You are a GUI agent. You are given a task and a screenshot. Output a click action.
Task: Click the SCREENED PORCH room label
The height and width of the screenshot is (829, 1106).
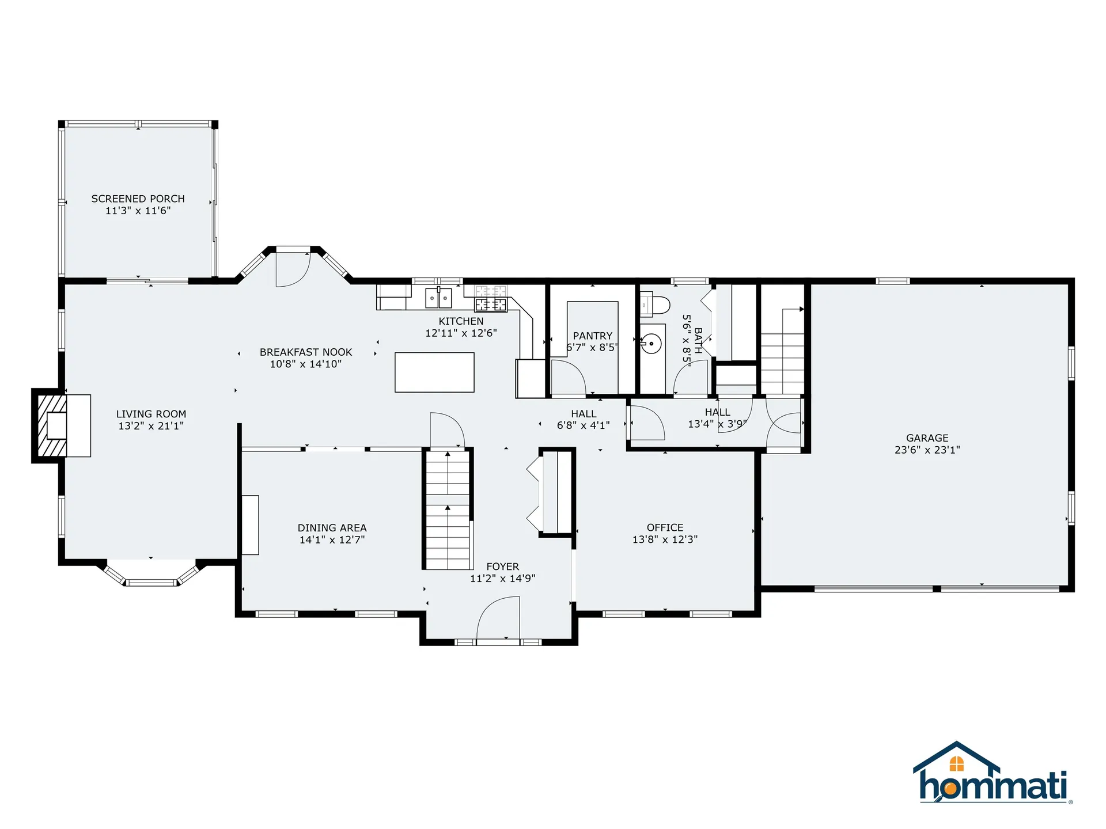pos(138,199)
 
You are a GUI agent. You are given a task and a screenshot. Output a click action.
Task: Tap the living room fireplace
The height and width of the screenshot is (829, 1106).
pos(61,425)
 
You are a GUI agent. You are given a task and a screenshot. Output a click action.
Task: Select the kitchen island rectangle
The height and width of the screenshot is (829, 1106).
pos(434,372)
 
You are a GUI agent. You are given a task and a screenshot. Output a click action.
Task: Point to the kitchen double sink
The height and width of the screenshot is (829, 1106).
pos(438,298)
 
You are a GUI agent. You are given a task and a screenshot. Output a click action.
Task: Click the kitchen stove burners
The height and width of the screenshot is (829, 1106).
pos(491,305)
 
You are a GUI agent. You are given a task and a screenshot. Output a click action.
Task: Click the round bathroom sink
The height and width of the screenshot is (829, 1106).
pos(652,345)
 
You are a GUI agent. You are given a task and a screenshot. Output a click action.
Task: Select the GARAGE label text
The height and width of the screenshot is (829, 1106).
pos(927,438)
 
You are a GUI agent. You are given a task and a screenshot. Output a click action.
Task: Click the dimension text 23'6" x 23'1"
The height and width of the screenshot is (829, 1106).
pos(927,450)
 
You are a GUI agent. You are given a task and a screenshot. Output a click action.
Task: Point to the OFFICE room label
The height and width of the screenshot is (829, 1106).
pos(665,527)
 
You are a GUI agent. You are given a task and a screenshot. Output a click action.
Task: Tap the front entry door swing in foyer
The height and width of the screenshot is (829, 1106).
pos(498,617)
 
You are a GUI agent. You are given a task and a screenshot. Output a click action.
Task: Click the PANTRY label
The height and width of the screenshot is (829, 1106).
pos(593,336)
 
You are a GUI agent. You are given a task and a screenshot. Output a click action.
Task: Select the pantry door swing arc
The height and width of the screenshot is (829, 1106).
pos(569,377)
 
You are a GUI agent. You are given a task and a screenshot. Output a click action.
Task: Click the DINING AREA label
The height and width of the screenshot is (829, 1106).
pos(332,528)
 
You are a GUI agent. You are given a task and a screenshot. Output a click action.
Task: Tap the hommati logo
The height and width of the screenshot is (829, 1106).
pos(993,773)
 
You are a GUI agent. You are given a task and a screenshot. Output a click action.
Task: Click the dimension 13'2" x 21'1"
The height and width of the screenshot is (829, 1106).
pos(151,426)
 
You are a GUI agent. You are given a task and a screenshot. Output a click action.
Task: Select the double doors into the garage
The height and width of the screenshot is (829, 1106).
pos(783,424)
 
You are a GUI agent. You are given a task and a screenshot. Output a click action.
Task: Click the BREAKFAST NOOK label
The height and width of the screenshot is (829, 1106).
pos(306,352)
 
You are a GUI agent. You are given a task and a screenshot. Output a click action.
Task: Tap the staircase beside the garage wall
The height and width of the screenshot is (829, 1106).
pos(782,351)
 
